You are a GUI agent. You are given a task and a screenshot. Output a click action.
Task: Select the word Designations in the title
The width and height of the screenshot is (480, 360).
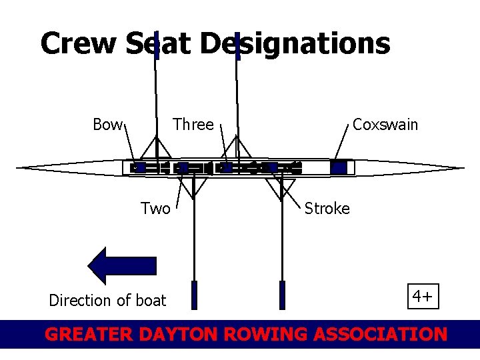point(294,44)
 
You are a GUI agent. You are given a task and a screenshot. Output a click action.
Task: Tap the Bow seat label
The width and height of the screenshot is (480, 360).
point(107,125)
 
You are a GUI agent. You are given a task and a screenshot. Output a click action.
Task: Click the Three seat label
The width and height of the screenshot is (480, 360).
point(193,125)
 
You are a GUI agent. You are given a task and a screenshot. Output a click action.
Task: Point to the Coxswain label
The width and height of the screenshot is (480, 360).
point(385,125)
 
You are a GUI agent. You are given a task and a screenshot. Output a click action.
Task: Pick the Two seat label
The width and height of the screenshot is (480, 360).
point(155,209)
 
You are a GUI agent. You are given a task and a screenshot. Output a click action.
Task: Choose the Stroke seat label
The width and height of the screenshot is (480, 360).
point(327,209)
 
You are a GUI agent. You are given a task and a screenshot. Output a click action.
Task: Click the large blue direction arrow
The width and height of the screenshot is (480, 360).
point(123,265)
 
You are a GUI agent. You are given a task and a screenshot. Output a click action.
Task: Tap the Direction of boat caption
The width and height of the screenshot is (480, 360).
point(107,301)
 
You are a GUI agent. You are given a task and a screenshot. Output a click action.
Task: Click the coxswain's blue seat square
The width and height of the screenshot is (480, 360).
point(339,167)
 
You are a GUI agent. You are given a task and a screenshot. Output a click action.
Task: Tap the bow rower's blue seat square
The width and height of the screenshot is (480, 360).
point(140,167)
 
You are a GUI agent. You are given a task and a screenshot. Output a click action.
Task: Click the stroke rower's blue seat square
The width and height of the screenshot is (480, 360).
point(271,167)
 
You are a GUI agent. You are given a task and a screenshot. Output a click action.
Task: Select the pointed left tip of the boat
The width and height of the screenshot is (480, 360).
point(19,167)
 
